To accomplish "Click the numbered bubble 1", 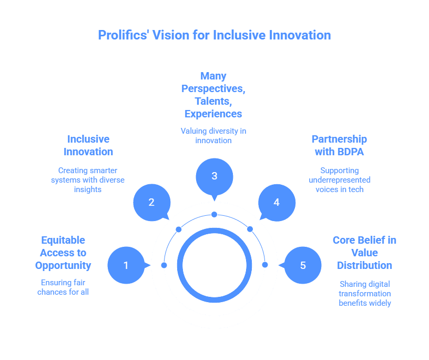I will pyautogui.click(x=126, y=265).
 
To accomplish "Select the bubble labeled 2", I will pyautogui.click(x=151, y=202).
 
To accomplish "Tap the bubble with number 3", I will pyautogui.click(x=214, y=176).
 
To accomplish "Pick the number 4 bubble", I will pyautogui.click(x=277, y=202).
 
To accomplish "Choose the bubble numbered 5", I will pyautogui.click(x=303, y=265).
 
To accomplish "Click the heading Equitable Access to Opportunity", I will pyautogui.click(x=63, y=253).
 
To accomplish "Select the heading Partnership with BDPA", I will pyautogui.click(x=339, y=145).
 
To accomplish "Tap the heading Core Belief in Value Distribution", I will pyautogui.click(x=364, y=253).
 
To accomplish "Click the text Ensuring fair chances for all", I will pyautogui.click(x=63, y=286).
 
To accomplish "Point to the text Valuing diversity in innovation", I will pyautogui.click(x=213, y=135).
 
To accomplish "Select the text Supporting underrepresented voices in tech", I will pyautogui.click(x=339, y=179).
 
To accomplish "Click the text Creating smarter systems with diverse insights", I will pyautogui.click(x=88, y=179).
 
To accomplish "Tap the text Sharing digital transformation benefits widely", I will pyautogui.click(x=364, y=293).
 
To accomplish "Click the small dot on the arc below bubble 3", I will pyautogui.click(x=214, y=214).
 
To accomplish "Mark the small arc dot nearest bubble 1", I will pyautogui.click(x=164, y=265).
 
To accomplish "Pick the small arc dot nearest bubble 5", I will pyautogui.click(x=264, y=265).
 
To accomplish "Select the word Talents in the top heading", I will pyautogui.click(x=213, y=101).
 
